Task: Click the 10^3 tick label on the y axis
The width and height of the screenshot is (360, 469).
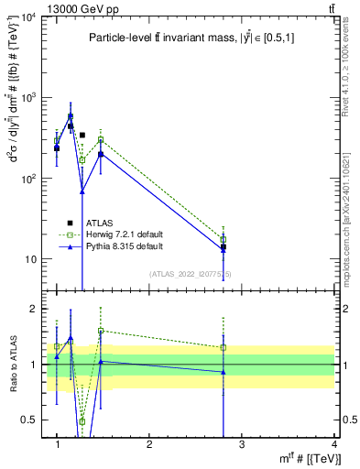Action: pyautogui.click(x=31, y=97)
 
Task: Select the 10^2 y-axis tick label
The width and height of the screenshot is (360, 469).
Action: pyautogui.click(x=31, y=178)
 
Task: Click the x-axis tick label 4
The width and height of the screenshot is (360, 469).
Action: pyautogui.click(x=333, y=444)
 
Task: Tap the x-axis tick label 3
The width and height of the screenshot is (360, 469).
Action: pyautogui.click(x=241, y=444)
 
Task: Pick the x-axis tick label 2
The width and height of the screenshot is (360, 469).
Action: pyautogui.click(x=149, y=444)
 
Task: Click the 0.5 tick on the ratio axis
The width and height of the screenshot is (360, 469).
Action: pyautogui.click(x=33, y=420)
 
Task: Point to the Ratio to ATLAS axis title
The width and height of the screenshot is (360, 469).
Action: pyautogui.click(x=12, y=364)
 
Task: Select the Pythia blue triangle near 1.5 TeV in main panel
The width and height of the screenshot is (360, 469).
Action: pyautogui.click(x=101, y=154)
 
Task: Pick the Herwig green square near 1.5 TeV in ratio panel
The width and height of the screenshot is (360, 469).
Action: pyautogui.click(x=101, y=331)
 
